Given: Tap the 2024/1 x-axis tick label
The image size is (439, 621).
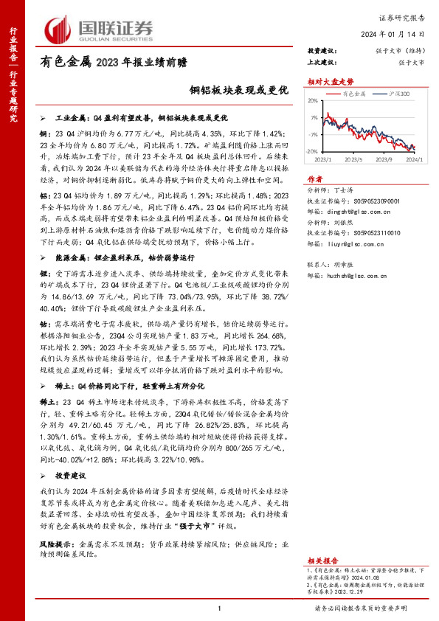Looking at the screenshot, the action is pos(415,159).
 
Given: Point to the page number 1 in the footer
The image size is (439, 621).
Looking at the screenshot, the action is pos(219,607).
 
